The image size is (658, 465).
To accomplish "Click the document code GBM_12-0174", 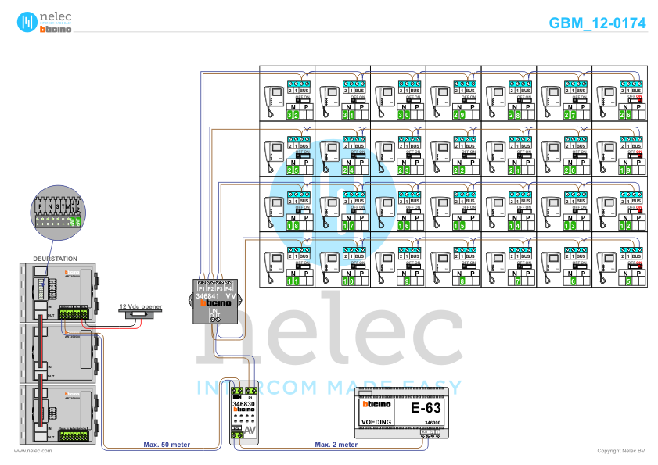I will coord(597,23).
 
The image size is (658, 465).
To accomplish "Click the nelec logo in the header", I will coord(45,22).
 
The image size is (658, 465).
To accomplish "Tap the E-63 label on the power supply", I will coord(426,408).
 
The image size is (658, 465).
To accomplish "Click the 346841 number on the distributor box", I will coord(207,297).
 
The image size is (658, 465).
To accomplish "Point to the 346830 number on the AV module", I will coord(243,403).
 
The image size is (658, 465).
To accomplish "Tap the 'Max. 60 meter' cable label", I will coord(167,445).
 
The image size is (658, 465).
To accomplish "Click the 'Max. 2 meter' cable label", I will coord(336,445).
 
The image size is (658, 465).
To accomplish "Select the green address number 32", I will coord(293,115).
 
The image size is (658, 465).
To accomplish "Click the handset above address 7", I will coord(491,263).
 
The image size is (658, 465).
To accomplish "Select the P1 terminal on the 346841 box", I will coord(201,289).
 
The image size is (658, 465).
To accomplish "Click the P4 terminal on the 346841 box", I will coord(228,289).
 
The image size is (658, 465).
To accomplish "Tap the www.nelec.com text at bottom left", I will coord(33,452).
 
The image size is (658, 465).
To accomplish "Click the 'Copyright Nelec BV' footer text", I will coord(620,452).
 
